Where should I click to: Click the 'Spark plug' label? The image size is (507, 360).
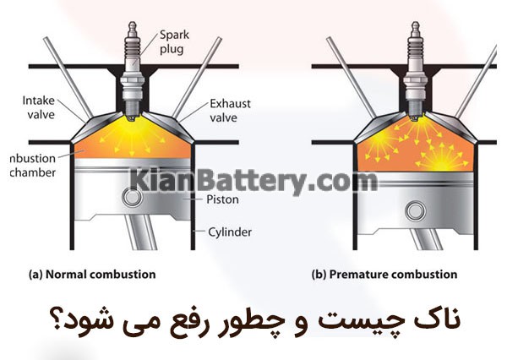[174, 42]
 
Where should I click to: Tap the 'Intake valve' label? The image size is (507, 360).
[39, 107]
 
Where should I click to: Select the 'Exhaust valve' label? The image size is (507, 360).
[230, 111]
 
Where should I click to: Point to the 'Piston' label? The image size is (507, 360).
[222, 199]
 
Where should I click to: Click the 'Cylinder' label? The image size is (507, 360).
[230, 232]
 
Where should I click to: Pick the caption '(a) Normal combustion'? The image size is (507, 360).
[92, 275]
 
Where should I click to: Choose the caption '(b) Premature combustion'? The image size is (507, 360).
[384, 275]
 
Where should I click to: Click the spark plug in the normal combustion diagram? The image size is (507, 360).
[133, 71]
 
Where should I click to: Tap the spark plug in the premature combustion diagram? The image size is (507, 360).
[416, 71]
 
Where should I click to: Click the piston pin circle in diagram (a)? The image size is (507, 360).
[132, 197]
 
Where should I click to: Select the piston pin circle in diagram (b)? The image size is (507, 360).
[416, 211]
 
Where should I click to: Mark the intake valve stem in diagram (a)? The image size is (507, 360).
[68, 78]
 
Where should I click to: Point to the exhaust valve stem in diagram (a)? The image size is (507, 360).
[197, 78]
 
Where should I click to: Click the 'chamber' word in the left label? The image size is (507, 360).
[33, 172]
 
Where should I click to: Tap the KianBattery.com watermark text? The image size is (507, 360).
[253, 181]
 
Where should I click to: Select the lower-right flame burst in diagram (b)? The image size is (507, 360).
[442, 159]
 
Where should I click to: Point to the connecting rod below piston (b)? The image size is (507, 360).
[425, 237]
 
